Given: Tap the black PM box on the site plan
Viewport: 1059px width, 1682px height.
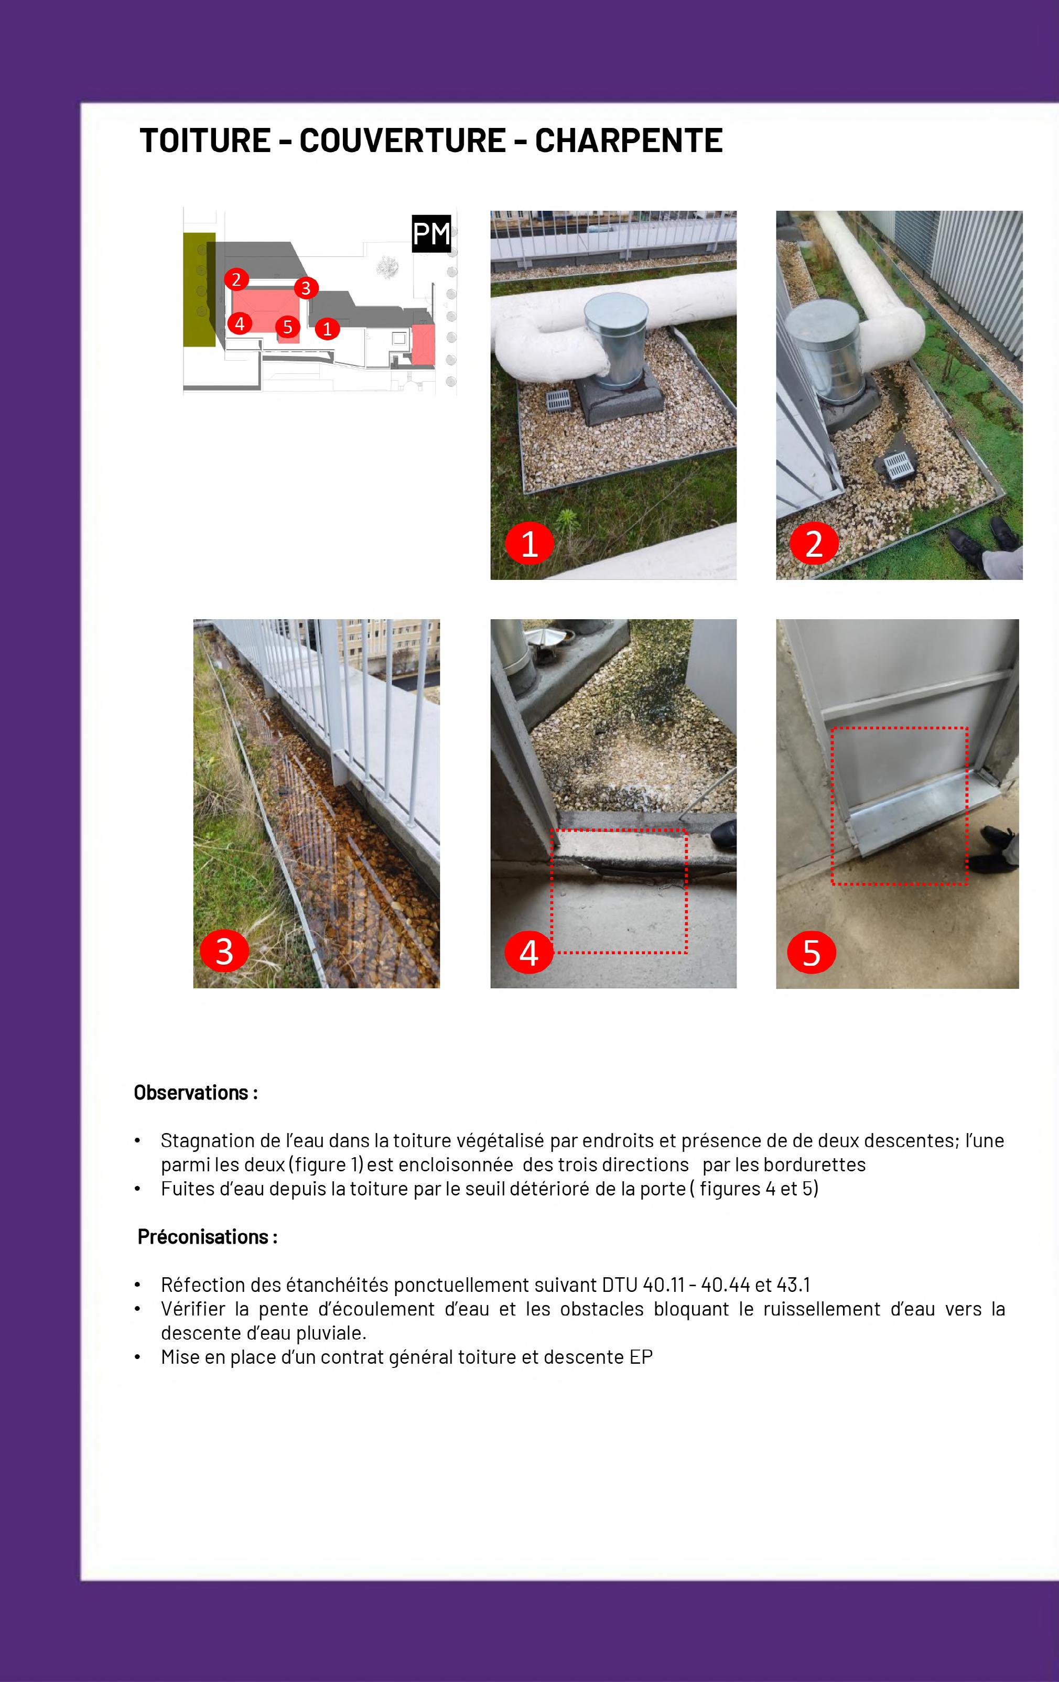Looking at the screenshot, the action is (x=431, y=233).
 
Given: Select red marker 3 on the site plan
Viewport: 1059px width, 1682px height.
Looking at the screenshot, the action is (x=305, y=288).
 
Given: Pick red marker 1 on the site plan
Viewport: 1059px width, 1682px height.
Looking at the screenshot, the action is (x=327, y=328).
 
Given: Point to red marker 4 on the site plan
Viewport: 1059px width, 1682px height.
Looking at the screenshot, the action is (x=240, y=324).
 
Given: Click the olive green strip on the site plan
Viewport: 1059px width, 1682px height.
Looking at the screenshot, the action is (x=199, y=289).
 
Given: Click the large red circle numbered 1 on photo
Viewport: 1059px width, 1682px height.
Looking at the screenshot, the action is (x=529, y=543).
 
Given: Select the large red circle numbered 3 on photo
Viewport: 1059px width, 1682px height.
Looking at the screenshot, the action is (x=224, y=951).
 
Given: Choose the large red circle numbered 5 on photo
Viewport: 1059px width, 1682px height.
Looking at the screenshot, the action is (x=812, y=951).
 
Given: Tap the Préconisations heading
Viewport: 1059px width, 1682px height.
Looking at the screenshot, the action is (x=208, y=1237).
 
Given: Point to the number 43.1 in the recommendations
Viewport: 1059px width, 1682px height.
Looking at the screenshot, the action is (x=793, y=1285).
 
